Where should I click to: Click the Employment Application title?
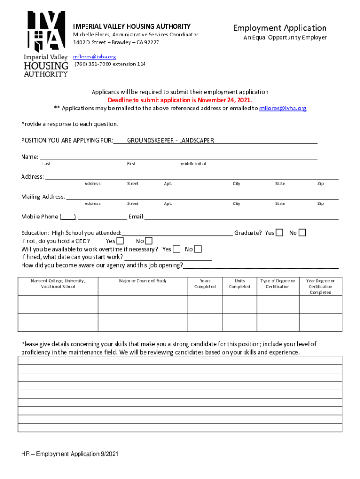(x=280, y=28)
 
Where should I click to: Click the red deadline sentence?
(x=180, y=100)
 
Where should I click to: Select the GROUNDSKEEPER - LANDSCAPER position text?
(x=170, y=140)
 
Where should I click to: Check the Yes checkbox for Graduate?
(x=280, y=232)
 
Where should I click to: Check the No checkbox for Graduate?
(x=302, y=232)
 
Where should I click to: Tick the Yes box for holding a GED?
(x=120, y=241)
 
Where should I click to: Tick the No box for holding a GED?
(x=149, y=241)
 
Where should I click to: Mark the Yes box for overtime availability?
(x=176, y=249)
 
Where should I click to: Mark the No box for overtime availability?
(x=198, y=249)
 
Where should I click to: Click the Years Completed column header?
(x=205, y=283)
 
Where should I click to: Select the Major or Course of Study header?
(x=143, y=281)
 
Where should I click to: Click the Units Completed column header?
(x=239, y=283)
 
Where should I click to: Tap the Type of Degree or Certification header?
(x=278, y=283)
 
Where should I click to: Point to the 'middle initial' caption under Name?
(x=193, y=164)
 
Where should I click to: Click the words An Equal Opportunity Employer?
(x=285, y=38)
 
